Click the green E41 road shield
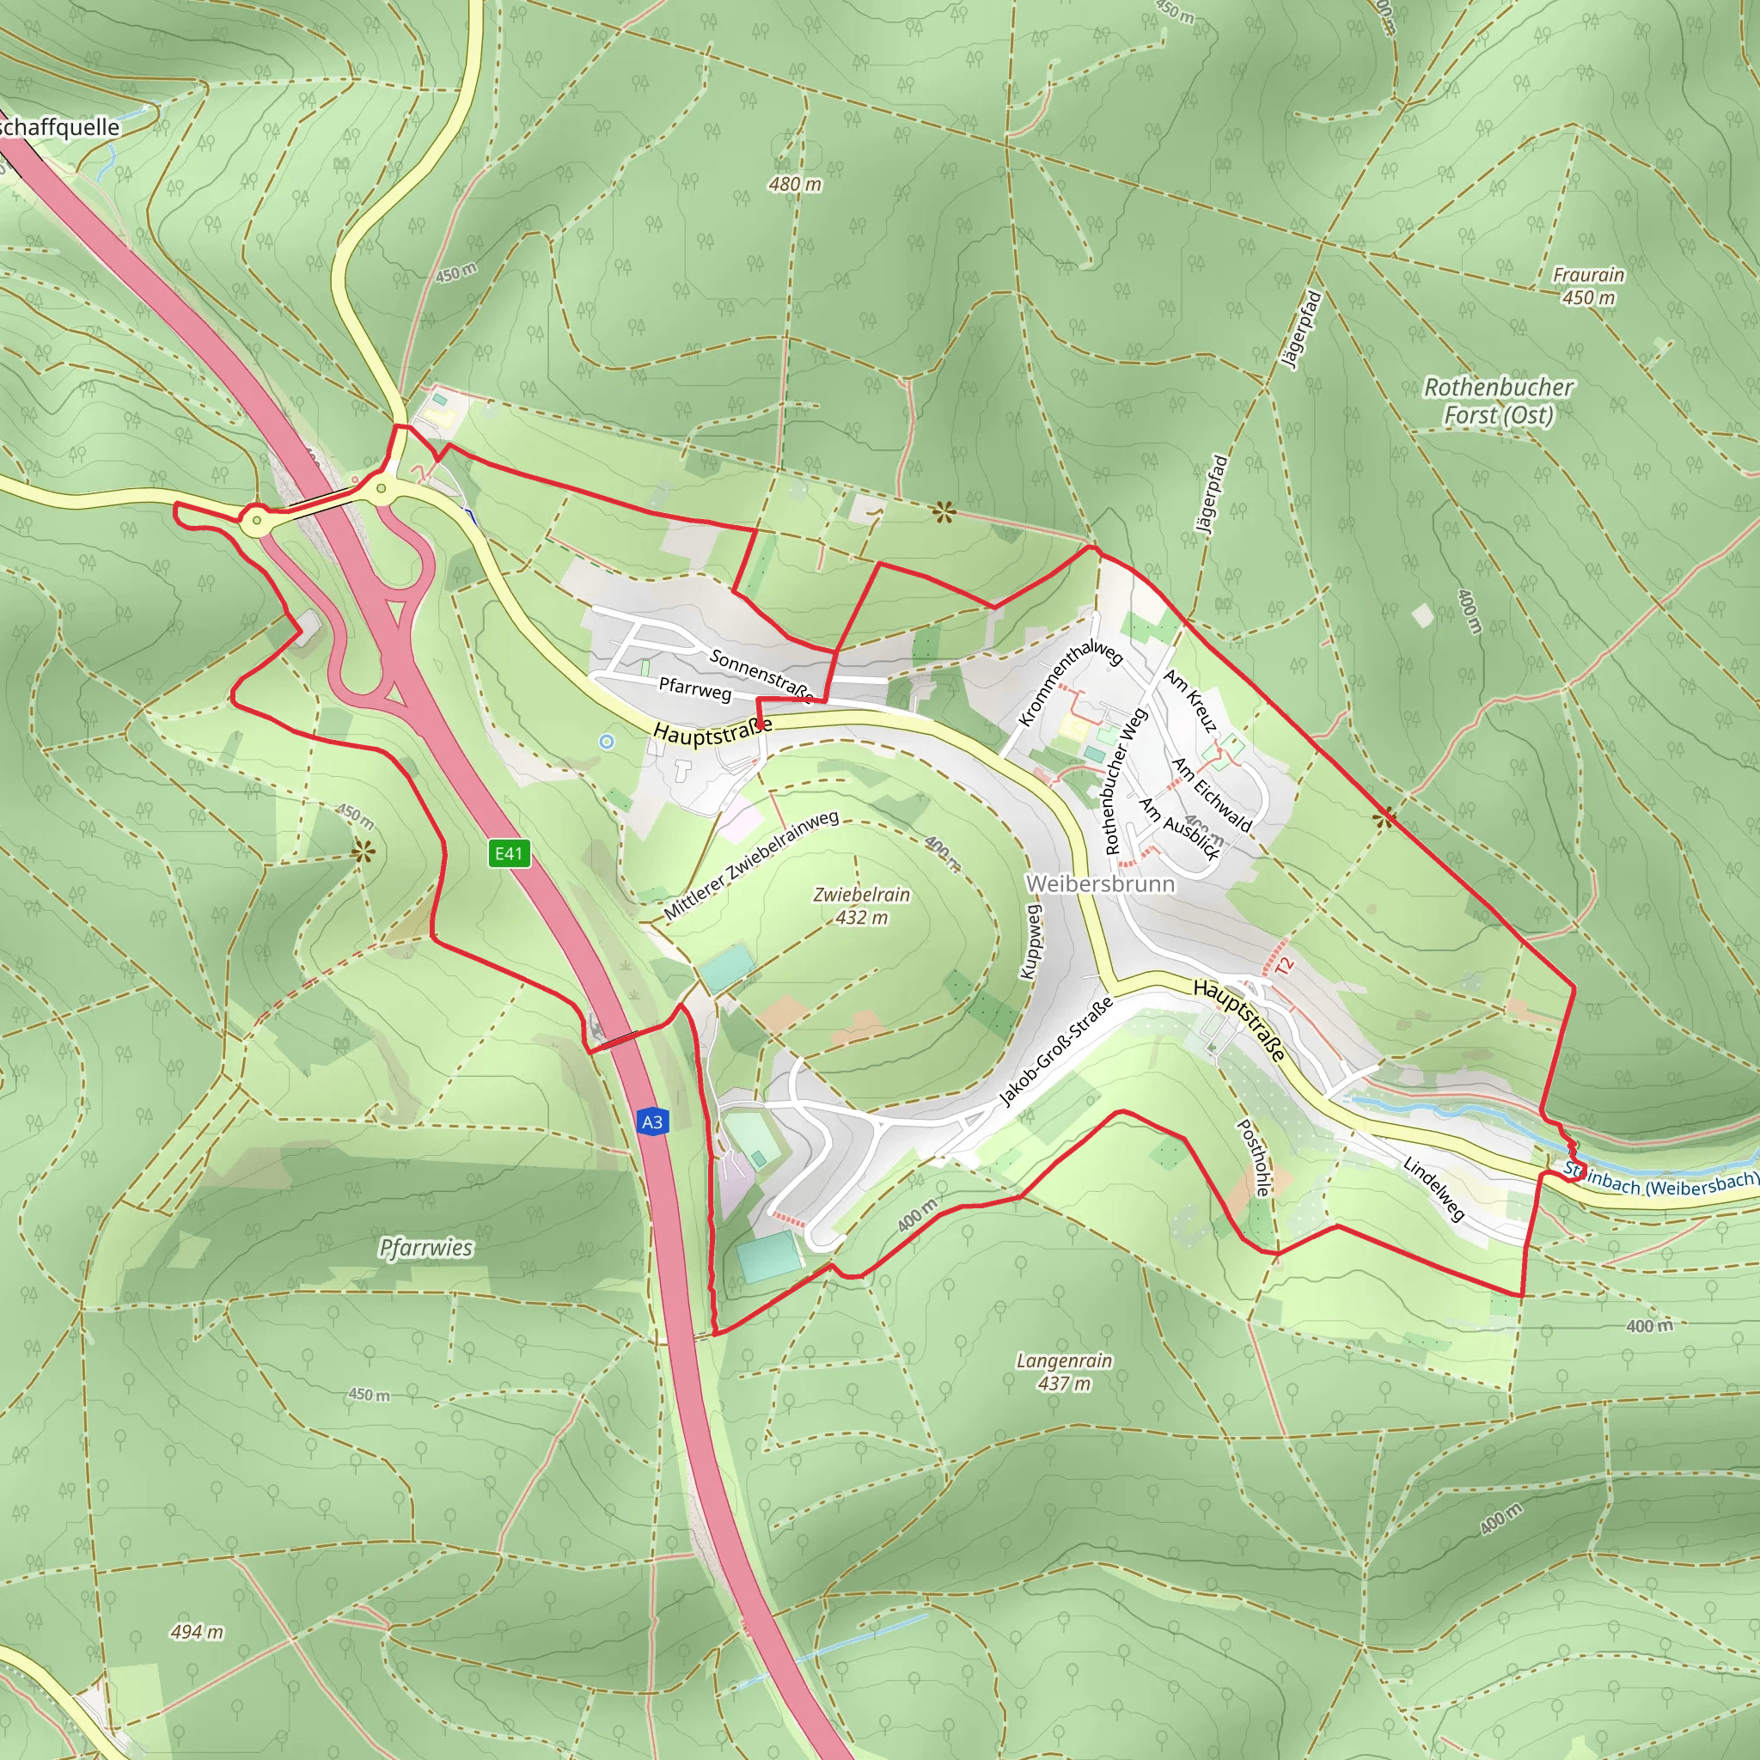click(509, 853)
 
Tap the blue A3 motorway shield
click(652, 1121)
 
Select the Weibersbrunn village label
click(1099, 883)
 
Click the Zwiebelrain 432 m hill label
click(862, 906)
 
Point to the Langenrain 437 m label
click(1064, 1371)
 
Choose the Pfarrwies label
click(426, 1247)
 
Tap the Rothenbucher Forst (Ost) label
click(1499, 400)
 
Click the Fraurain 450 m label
click(1589, 286)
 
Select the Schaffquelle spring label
click(60, 127)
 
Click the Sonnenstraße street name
click(761, 675)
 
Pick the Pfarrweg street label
click(695, 688)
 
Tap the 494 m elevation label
click(197, 1632)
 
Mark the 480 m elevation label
click(794, 184)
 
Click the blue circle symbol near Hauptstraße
click(607, 742)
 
